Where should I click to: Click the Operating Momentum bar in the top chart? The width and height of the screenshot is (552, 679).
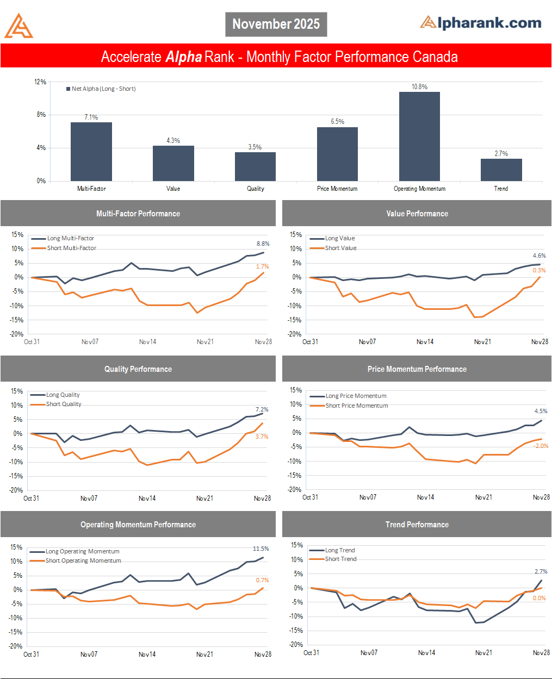point(419,136)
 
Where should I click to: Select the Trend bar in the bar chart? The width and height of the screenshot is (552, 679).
point(501,170)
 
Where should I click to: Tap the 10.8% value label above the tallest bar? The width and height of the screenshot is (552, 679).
point(419,87)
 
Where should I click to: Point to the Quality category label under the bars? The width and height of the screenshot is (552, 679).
point(255,189)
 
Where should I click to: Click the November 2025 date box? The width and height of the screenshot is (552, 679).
point(276,24)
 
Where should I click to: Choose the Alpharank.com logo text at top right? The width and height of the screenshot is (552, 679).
point(481,23)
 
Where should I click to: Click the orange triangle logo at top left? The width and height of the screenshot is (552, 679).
point(18,26)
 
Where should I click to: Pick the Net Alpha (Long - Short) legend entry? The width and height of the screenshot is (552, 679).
point(101,89)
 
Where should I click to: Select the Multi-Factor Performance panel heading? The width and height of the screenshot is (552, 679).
point(138,214)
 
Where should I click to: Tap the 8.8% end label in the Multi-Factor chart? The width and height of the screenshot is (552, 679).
point(263,244)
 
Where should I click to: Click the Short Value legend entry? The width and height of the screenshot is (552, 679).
point(340,248)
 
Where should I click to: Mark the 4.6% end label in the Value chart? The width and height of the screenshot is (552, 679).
point(539,256)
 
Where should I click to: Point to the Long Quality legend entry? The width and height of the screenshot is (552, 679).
point(63,395)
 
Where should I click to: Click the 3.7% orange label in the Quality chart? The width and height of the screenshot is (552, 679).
point(262,437)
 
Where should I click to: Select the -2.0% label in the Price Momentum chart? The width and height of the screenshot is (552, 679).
point(541,446)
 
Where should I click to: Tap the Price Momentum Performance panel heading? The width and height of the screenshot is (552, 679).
point(417,369)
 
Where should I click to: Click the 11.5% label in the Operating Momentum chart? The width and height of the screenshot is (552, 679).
point(261,549)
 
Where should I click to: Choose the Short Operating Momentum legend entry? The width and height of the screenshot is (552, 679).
point(83,560)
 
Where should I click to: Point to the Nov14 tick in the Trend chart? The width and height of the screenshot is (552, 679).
point(426,653)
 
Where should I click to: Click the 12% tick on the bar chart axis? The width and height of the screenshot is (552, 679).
point(41,82)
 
